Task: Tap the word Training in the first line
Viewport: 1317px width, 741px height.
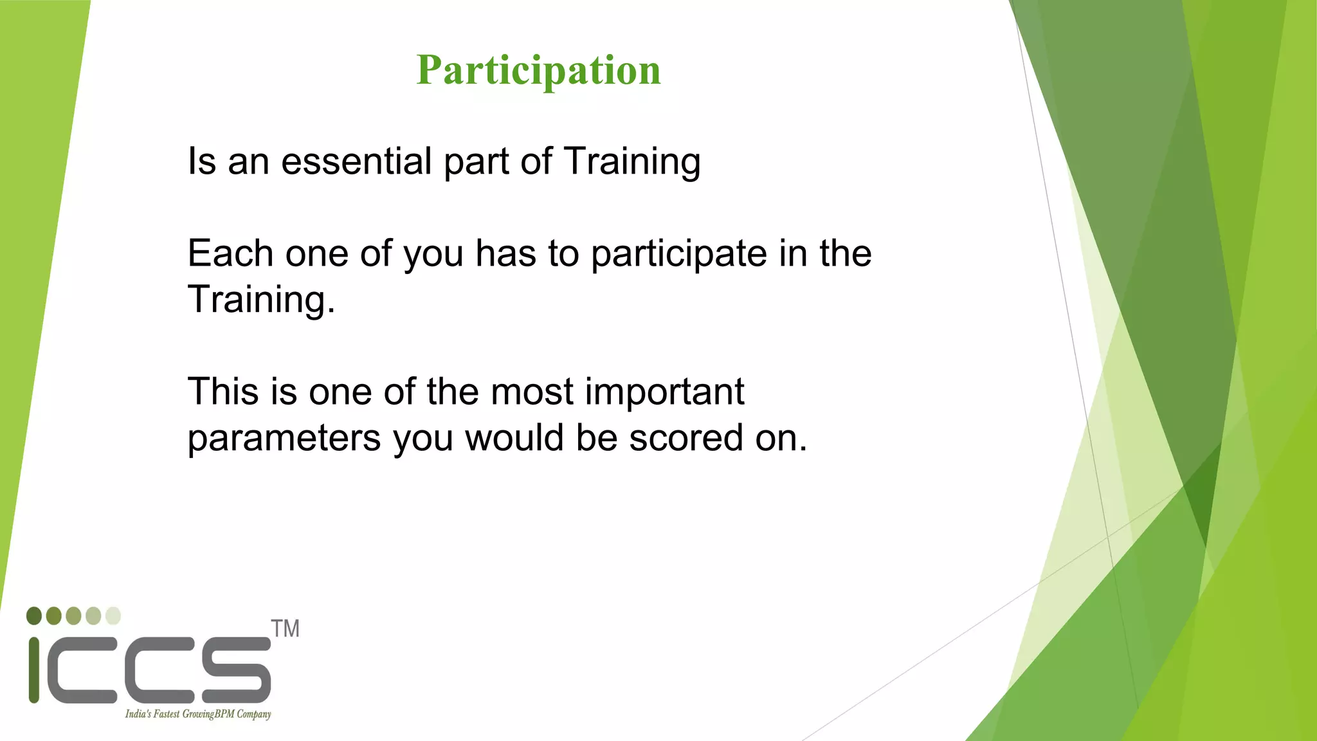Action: [631, 161]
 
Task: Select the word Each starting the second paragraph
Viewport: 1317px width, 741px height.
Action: [230, 253]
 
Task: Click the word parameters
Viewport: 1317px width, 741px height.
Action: [284, 439]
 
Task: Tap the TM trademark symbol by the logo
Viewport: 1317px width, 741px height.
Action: [285, 628]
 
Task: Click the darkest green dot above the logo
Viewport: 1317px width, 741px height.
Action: [34, 616]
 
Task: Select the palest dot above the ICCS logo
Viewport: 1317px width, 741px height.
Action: [113, 616]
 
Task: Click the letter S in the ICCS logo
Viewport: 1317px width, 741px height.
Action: [236, 670]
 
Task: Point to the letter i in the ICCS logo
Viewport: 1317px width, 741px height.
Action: [34, 670]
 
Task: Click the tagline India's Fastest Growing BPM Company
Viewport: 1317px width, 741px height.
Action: [197, 714]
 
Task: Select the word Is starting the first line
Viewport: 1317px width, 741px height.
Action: [201, 161]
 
